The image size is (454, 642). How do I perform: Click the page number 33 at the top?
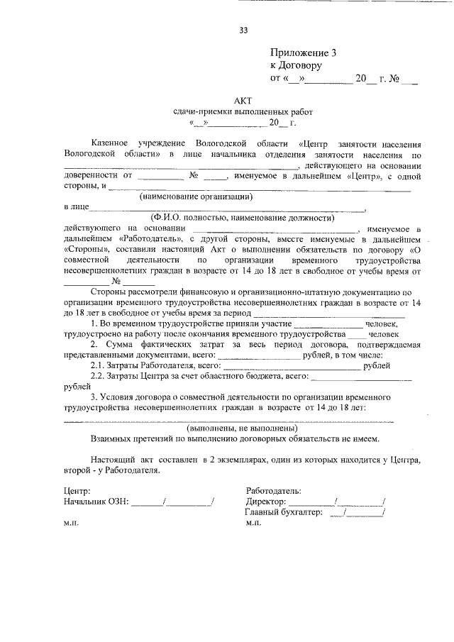[243, 30]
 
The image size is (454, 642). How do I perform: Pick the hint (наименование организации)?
[196, 196]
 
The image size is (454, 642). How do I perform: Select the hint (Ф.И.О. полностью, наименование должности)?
[242, 218]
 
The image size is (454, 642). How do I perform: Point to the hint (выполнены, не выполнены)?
[242, 429]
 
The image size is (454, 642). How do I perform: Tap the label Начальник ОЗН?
[96, 501]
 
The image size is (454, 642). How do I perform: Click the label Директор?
[266, 501]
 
